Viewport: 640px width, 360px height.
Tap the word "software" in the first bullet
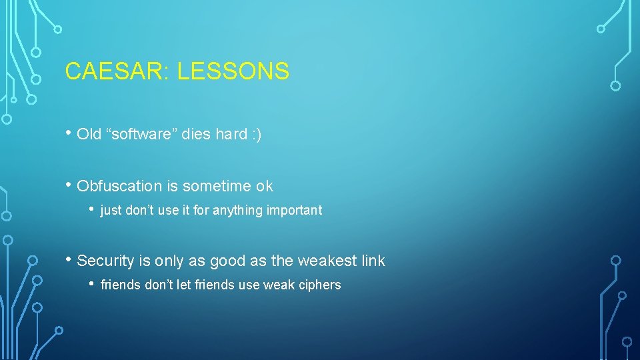click(x=145, y=134)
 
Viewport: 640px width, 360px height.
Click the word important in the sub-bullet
click(x=294, y=211)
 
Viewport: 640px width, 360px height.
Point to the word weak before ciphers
click(x=279, y=285)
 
